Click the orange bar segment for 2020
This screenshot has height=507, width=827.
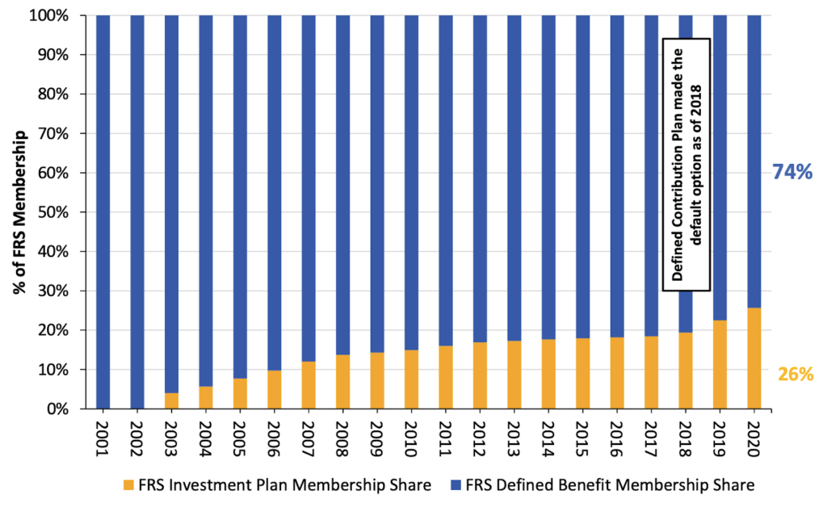pyautogui.click(x=754, y=358)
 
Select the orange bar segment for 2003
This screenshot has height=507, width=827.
pyautogui.click(x=171, y=400)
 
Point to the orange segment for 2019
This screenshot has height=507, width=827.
pyautogui.click(x=720, y=364)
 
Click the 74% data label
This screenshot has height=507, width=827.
pyautogui.click(x=793, y=171)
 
